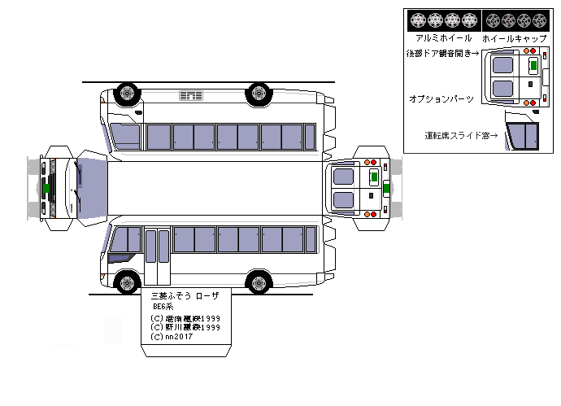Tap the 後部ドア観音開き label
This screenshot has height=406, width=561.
(444, 53)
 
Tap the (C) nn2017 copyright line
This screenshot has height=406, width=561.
(169, 337)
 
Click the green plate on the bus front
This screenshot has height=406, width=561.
(48, 188)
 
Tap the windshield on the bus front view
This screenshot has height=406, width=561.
(91, 187)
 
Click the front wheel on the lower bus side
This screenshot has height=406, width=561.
(126, 282)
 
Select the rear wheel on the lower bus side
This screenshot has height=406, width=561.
(259, 282)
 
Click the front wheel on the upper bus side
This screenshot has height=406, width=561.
(126, 92)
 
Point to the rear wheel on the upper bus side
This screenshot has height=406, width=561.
(259, 92)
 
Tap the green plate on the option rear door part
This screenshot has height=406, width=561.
(533, 65)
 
